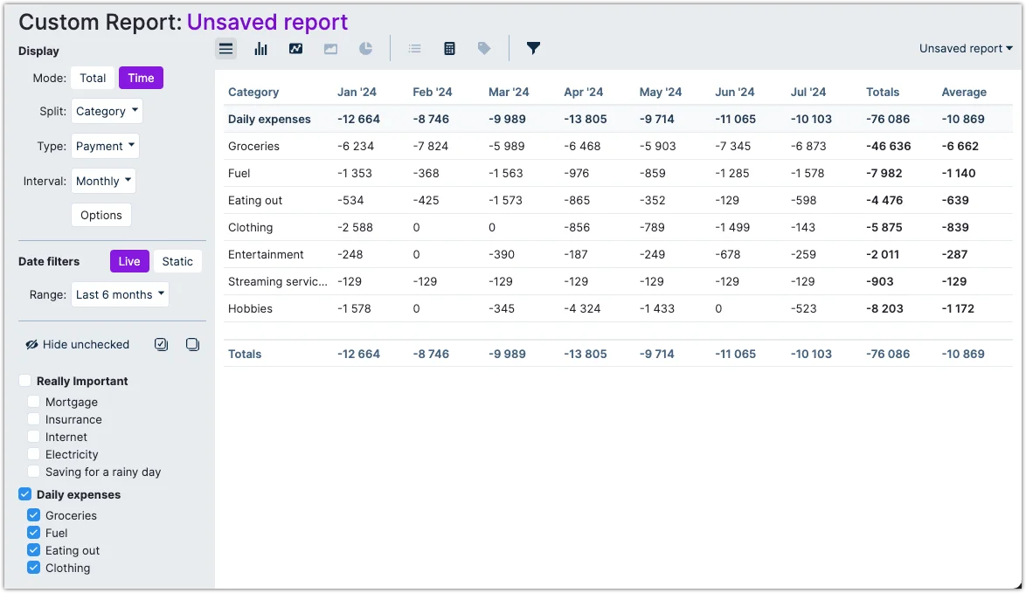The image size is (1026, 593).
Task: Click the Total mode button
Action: pyautogui.click(x=93, y=78)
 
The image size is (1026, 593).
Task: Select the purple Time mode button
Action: pyautogui.click(x=141, y=78)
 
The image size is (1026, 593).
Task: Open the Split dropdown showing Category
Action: pyautogui.click(x=107, y=111)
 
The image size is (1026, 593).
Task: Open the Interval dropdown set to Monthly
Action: pyautogui.click(x=103, y=181)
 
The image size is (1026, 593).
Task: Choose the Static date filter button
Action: pyautogui.click(x=177, y=261)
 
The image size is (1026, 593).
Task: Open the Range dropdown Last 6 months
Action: pyautogui.click(x=121, y=294)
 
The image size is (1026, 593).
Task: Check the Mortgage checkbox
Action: pyautogui.click(x=34, y=402)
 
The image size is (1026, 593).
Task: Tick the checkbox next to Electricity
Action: pyautogui.click(x=34, y=454)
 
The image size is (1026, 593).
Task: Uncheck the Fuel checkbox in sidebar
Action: pyautogui.click(x=34, y=533)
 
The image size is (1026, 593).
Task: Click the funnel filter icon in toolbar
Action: pyautogui.click(x=533, y=48)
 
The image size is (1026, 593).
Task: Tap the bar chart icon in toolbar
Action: pyautogui.click(x=260, y=48)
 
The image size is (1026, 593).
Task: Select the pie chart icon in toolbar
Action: pyautogui.click(x=365, y=48)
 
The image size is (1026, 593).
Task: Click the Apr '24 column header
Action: pyautogui.click(x=583, y=92)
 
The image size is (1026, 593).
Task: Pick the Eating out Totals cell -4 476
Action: pyautogui.click(x=884, y=200)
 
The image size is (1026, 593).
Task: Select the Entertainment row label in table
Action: pyautogui.click(x=266, y=254)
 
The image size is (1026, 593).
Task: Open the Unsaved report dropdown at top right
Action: pyautogui.click(x=966, y=48)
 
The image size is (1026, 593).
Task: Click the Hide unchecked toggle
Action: pyautogui.click(x=78, y=344)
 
